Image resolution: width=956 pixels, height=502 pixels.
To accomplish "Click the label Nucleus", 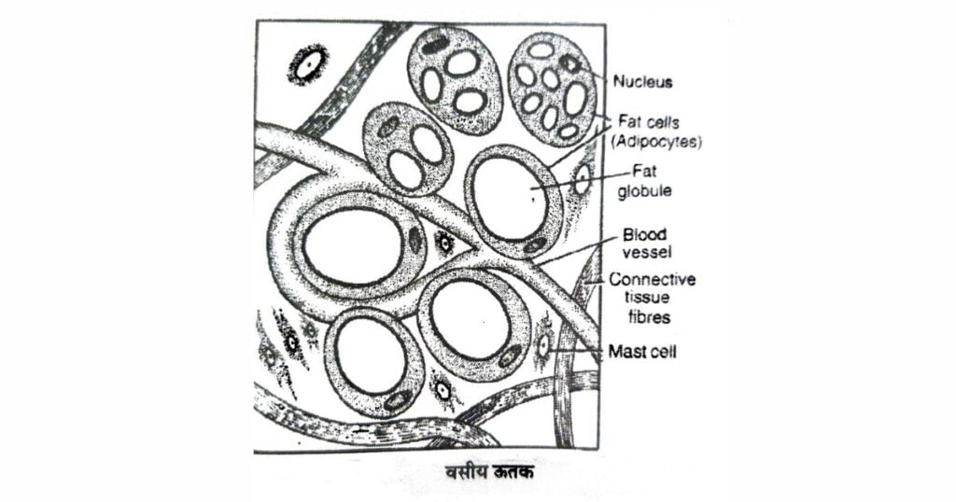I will click(642, 82).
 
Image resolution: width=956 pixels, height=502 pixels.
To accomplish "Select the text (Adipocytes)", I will click(659, 142).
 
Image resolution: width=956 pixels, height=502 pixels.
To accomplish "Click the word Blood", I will click(644, 235).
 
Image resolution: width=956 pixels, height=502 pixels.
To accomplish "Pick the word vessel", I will click(645, 252).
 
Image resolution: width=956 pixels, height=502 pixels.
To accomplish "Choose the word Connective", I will click(652, 280).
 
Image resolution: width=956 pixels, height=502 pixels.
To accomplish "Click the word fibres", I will click(638, 317).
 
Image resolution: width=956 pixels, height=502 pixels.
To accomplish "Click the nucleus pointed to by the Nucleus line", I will click(569, 63).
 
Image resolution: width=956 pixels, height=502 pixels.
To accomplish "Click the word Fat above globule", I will click(645, 172).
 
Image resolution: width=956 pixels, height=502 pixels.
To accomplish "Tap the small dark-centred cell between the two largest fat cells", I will click(443, 244).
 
